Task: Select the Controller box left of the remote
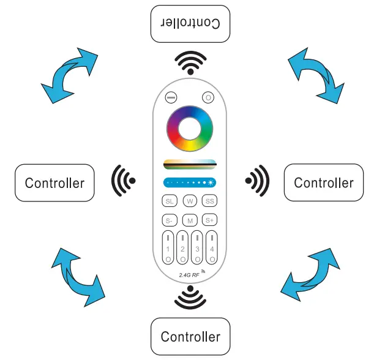pyautogui.click(x=54, y=182)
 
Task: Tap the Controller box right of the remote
pyautogui.click(x=323, y=182)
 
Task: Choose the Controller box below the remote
pyautogui.click(x=190, y=336)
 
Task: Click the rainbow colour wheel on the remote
pyautogui.click(x=190, y=129)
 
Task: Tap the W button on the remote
pyautogui.click(x=190, y=201)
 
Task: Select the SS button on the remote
pyautogui.click(x=210, y=201)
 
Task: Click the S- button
pyautogui.click(x=169, y=220)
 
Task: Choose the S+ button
pyautogui.click(x=210, y=220)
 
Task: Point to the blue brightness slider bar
pyautogui.click(x=190, y=182)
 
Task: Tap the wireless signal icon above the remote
pyautogui.click(x=190, y=62)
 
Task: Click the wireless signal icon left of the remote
pyautogui.click(x=124, y=181)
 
